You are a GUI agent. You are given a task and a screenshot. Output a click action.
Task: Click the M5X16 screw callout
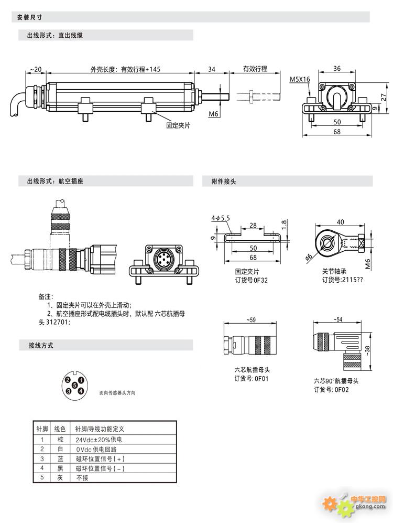pyautogui.click(x=300, y=79)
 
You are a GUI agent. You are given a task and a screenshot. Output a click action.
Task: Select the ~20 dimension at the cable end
pyautogui.click(x=36, y=69)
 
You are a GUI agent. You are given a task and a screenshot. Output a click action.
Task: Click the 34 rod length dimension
pyautogui.click(x=212, y=69)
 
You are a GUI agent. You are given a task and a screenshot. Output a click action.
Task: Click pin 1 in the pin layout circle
pyautogui.click(x=81, y=380)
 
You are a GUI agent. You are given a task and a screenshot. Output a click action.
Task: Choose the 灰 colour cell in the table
pyautogui.click(x=60, y=478)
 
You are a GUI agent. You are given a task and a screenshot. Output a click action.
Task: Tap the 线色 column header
pyautogui.click(x=60, y=429)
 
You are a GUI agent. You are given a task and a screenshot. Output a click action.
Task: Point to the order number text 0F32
pyautogui.click(x=260, y=280)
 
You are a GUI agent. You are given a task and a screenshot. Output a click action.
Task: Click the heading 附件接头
pyautogui.click(x=224, y=182)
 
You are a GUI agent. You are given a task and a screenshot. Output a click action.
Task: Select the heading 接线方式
pyautogui.click(x=40, y=346)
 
